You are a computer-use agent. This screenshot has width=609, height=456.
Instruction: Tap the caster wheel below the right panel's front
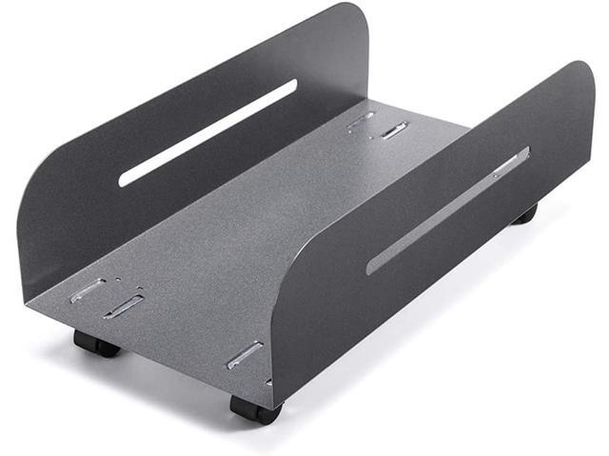coord(256,408)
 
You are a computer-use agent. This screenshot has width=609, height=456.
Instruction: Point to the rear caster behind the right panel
coord(524,214)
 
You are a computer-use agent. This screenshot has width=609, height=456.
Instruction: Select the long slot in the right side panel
coord(447,210)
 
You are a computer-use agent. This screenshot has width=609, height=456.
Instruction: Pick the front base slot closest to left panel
coord(88,290)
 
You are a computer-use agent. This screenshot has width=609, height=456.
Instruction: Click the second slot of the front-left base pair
coord(124,306)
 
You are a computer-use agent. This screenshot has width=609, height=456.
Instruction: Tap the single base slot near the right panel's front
coord(245,354)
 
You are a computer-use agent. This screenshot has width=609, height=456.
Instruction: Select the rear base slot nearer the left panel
coord(361,122)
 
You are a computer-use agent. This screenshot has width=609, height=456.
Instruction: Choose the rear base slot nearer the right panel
coord(395,130)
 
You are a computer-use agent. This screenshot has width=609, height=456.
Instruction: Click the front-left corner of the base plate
coord(27,306)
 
